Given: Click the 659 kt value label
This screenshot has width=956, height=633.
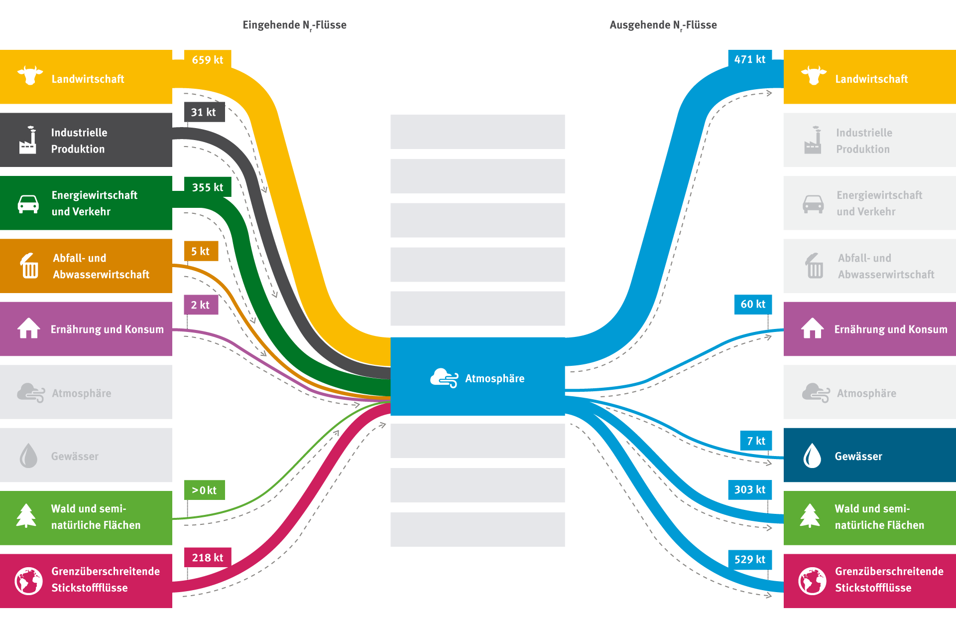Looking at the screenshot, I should (x=207, y=60).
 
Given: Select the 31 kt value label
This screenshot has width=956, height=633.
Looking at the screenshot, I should (x=204, y=112).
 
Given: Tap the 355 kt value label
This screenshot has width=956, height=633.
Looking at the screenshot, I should (x=207, y=187).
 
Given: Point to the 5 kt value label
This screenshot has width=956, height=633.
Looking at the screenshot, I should (x=201, y=251).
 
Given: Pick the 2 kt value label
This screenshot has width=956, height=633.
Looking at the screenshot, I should (x=201, y=305).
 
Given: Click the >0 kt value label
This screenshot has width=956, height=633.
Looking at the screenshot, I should (x=204, y=490).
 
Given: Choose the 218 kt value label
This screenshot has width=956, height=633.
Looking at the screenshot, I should (x=207, y=557).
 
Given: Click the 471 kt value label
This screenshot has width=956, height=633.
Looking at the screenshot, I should (x=749, y=59).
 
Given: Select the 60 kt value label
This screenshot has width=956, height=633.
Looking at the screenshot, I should (x=752, y=304).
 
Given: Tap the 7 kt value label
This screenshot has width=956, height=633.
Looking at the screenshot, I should (x=755, y=441).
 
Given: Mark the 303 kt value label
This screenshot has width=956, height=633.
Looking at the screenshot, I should (x=749, y=489).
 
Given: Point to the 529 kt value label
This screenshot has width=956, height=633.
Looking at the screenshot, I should (x=749, y=559).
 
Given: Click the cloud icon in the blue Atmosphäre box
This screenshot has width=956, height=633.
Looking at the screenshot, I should (x=444, y=378).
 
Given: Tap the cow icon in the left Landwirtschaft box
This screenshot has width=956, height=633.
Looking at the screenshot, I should (x=30, y=76).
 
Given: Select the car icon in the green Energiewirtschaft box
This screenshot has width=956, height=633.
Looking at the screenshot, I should (x=28, y=203).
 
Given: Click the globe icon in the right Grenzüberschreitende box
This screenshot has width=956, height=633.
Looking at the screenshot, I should (x=812, y=581).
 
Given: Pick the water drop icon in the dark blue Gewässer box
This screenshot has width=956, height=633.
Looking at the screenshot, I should (x=812, y=456).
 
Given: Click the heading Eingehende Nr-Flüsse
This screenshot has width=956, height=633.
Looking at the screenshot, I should (x=294, y=25).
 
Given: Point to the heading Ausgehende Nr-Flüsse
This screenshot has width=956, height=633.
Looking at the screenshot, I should (x=663, y=25).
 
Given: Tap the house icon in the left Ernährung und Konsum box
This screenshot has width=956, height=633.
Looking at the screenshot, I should (x=29, y=328).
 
